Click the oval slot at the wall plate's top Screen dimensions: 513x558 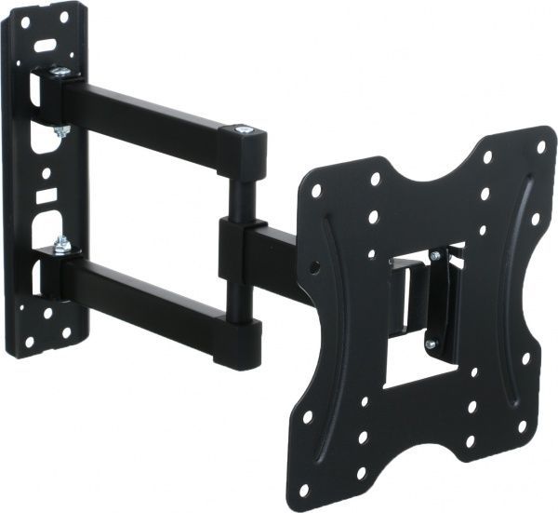pyautogui.click(x=45, y=42)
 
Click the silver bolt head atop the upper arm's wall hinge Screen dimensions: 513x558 pyautogui.click(x=59, y=71)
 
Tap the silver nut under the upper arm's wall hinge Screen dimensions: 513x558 pyautogui.click(x=61, y=131)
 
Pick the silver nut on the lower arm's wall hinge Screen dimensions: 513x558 pyautogui.click(x=62, y=245)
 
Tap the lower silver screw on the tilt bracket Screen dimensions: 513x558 pyautogui.click(x=430, y=344)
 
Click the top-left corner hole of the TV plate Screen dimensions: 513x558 pyautogui.click(x=316, y=191)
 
